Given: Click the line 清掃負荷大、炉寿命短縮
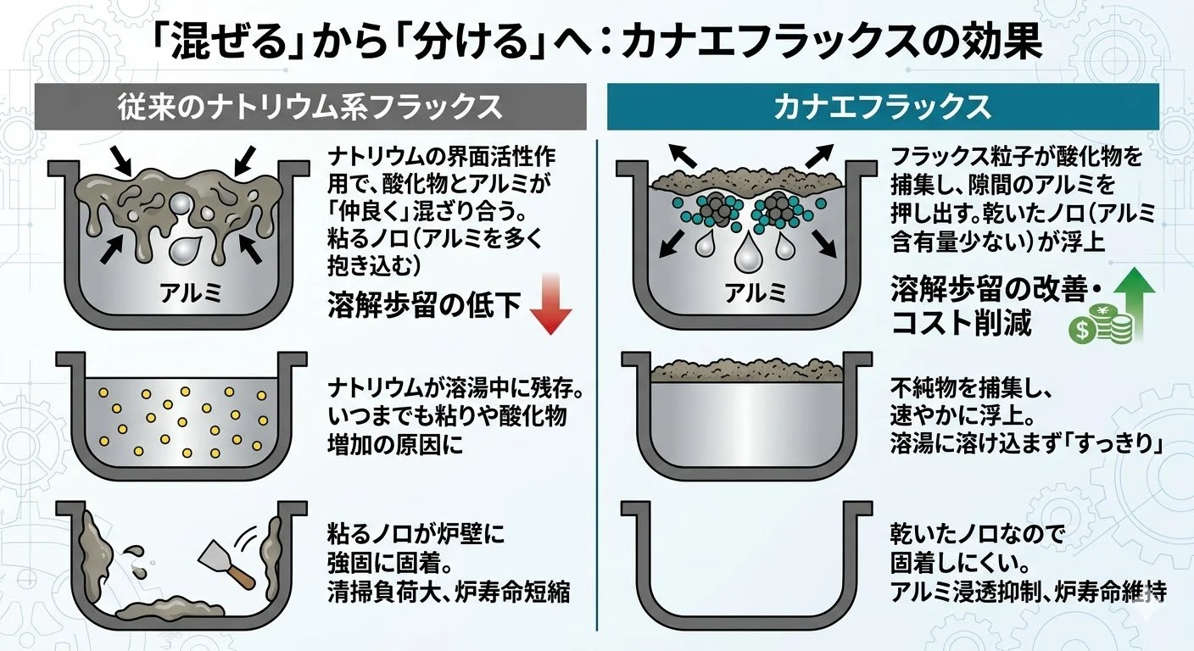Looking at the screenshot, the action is (x=447, y=592).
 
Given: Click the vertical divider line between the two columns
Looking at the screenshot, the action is (x=598, y=381).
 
